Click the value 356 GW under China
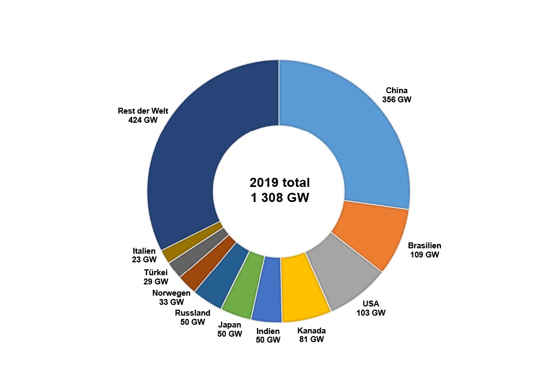[396, 100]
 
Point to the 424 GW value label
[143, 120]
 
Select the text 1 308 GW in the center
[280, 198]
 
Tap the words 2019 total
[280, 182]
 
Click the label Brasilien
[424, 245]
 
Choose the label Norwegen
[171, 293]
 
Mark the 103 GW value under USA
[371, 312]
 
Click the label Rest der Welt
[143, 111]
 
